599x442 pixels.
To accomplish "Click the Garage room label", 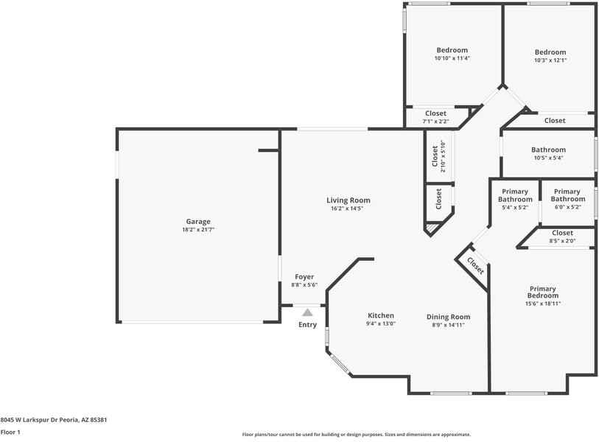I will pos(197,221).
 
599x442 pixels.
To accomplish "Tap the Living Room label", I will pos(348,200).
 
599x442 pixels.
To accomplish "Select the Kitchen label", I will pos(381,315).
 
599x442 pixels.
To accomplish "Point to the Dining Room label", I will pos(448,317).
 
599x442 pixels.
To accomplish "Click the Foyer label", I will pos(304,277).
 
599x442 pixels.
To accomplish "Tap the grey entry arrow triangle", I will pos(307,313).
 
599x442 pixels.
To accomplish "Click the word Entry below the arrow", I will pos(307,325).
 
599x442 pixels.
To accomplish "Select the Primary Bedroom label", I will pos(542,292).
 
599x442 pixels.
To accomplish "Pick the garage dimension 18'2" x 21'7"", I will pos(197,230).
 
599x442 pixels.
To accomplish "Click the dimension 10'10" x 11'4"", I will pos(452,58).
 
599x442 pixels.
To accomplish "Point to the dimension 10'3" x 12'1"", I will pos(550,60).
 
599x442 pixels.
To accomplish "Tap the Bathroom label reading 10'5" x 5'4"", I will pos(548,158).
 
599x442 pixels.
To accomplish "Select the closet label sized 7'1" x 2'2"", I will pos(435,121).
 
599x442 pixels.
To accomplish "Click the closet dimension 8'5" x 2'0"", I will pos(562,241).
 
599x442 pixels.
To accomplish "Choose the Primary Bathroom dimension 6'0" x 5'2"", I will pos(567,208).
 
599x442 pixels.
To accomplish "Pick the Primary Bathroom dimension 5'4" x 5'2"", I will pos(515,208).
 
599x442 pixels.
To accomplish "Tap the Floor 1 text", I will pos(10,432).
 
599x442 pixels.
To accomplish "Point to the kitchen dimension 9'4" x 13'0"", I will pos(381,323).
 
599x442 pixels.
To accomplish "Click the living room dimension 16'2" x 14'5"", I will pos(348,208).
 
